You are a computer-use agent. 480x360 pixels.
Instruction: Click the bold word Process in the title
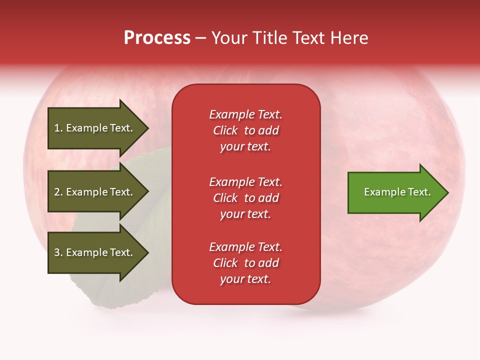pyautogui.click(x=157, y=38)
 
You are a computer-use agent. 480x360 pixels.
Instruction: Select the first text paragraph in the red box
pyautogui.click(x=245, y=130)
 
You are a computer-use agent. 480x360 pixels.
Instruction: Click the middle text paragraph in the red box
pyautogui.click(x=245, y=198)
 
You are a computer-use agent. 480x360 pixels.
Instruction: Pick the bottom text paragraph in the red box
pyautogui.click(x=245, y=263)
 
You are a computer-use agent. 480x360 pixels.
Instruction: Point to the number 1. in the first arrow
pyautogui.click(x=58, y=128)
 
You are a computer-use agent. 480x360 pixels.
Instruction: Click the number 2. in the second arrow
pyautogui.click(x=58, y=192)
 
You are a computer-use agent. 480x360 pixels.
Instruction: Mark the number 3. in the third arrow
pyautogui.click(x=58, y=252)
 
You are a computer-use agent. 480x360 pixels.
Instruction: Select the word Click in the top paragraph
pyautogui.click(x=225, y=130)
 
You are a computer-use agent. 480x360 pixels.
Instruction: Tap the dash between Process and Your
pyautogui.click(x=201, y=38)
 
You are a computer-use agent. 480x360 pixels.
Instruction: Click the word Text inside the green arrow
pyautogui.click(x=420, y=192)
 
